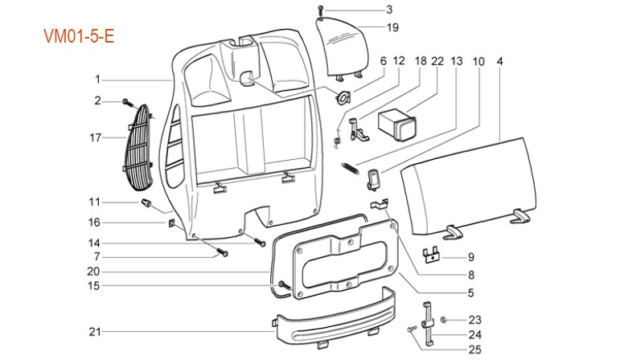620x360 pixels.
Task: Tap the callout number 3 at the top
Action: click(x=389, y=10)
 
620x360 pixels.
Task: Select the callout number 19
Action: click(x=392, y=27)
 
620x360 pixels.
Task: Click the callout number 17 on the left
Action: click(x=96, y=137)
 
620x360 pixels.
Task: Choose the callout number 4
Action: click(x=500, y=61)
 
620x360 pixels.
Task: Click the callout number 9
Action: click(x=471, y=257)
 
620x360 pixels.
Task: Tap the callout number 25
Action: click(x=474, y=349)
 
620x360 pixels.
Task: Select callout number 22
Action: click(x=437, y=61)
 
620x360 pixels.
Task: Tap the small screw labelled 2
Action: click(x=127, y=101)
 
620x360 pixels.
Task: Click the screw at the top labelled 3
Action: click(x=321, y=10)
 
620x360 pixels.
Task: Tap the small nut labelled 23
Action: click(x=443, y=320)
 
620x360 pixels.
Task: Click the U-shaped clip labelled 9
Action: click(x=434, y=254)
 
